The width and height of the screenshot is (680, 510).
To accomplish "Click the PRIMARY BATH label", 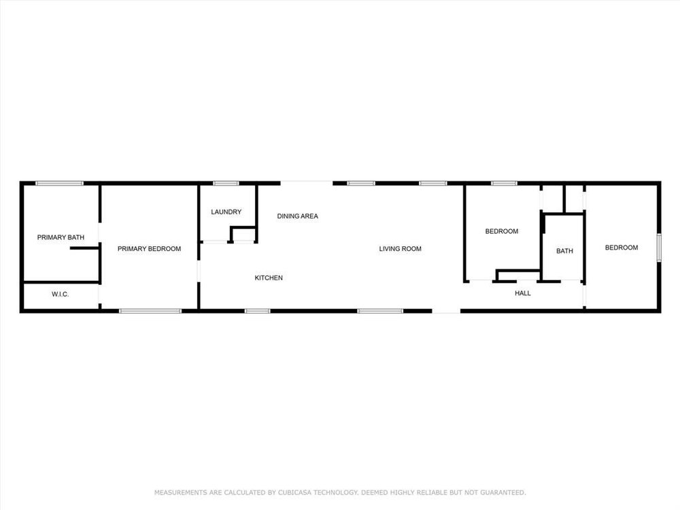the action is pos(61,237).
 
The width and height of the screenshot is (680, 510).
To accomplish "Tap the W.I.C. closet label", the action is pos(61,294).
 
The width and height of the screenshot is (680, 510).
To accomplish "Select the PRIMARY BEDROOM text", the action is pos(149,248).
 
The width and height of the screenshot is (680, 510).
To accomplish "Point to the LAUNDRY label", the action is pos(226,211).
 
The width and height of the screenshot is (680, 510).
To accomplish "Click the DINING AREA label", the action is pos(298,216).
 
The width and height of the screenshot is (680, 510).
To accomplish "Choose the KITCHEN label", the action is pos(269,277).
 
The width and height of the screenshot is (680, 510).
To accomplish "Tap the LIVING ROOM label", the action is pos(401,248).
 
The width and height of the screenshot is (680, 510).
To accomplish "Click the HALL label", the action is pos(522,293).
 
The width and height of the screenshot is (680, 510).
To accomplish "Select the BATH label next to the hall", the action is pos(564,251).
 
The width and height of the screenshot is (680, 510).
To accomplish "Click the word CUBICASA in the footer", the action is pos(294,492).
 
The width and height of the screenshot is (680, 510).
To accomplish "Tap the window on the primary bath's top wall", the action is pos(59,184).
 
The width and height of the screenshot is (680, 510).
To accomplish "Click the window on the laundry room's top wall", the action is pos(226,184).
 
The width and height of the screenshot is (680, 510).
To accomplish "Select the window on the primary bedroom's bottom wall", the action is pos(150,311).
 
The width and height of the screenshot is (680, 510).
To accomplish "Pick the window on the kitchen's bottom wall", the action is pos(257,311).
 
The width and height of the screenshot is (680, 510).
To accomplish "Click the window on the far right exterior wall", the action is pos(659,248).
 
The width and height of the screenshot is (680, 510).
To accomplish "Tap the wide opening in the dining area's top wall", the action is pos(307,182).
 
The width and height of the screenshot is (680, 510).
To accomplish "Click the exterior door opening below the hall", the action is pos(446,311).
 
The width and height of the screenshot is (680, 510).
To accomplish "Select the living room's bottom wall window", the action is pos(380,311).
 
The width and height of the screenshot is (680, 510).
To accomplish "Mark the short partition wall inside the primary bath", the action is pos(85,248).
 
